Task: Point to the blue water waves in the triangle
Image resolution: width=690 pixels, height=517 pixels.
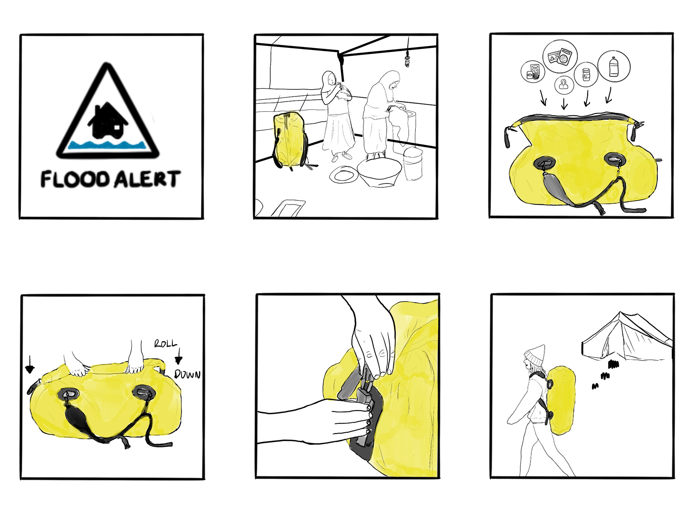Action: coord(108,145)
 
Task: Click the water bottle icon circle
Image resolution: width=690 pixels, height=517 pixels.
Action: coord(614,66)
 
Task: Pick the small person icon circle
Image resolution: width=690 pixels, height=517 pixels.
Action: coord(564,85)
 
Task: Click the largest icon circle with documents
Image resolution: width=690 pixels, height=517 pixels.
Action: coord(560,57)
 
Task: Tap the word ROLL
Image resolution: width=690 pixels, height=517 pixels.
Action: coord(166,344)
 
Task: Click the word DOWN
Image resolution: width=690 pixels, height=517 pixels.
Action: coord(187,374)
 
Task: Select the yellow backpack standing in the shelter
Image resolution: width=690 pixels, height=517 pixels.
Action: coord(290,140)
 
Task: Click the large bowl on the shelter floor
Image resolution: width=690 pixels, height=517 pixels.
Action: coord(379,172)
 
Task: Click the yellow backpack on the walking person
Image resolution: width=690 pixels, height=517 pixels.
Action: coord(560,400)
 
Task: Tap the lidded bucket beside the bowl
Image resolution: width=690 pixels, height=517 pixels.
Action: coord(413,163)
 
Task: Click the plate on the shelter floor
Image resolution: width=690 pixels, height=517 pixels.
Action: coord(344,175)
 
